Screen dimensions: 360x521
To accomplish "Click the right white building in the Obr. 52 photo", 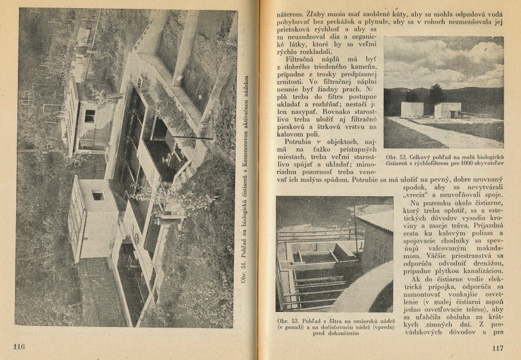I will click(447, 110).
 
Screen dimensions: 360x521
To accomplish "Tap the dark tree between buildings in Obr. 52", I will click(436, 95).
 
